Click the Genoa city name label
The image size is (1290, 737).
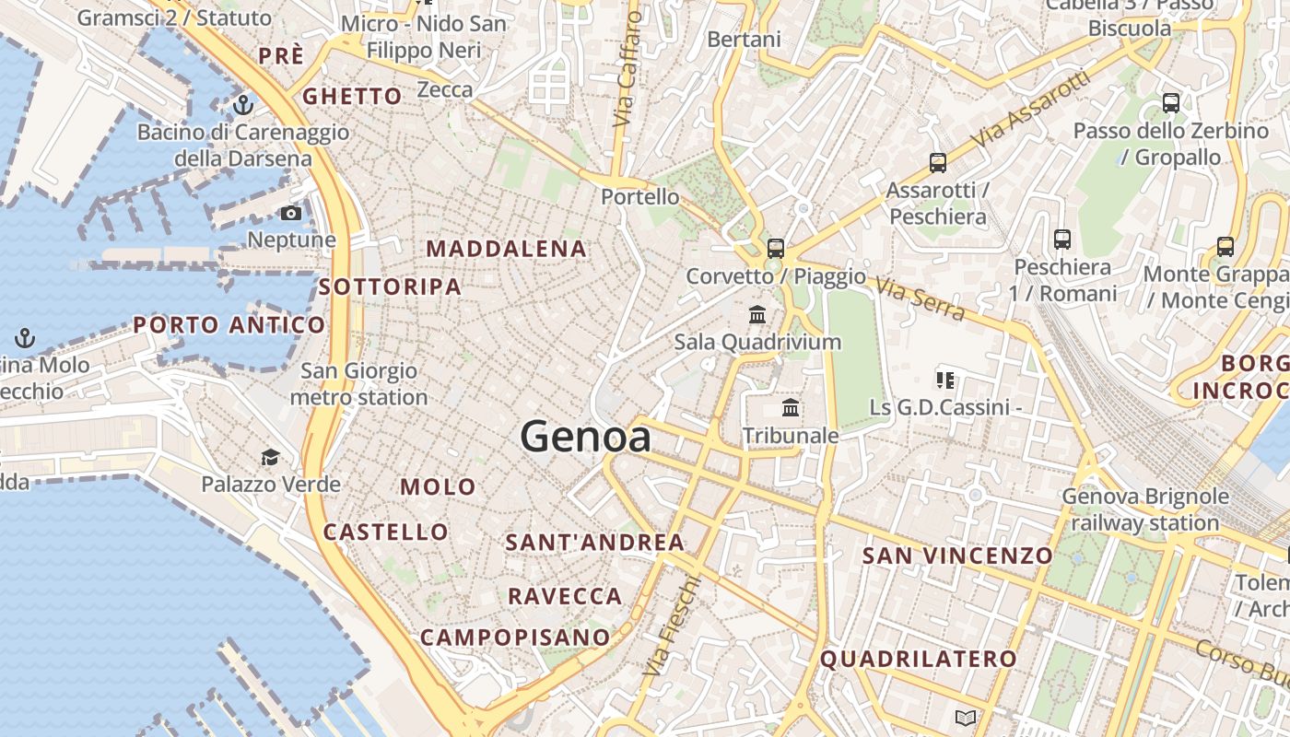point(586,436)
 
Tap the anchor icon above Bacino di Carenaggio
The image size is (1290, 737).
point(242,105)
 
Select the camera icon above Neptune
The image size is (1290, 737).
point(291,214)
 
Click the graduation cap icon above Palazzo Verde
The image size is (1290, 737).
point(270,458)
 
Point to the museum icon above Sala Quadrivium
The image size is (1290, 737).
point(757,315)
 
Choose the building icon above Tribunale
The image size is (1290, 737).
point(791,408)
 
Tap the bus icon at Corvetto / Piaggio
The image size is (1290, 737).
point(776,248)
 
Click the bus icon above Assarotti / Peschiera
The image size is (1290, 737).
point(938,163)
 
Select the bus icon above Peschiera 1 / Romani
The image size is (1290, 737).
point(1062,240)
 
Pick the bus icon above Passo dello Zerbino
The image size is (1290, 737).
point(1171,103)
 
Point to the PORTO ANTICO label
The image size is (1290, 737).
point(229,325)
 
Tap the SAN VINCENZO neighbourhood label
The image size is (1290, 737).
point(957,556)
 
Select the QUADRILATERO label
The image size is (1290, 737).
point(919,660)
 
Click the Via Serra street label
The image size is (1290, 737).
point(920,299)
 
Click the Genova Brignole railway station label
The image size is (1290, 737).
point(1145,509)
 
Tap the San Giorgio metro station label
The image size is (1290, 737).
point(359,384)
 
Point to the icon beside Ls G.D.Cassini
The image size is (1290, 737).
point(944,380)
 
